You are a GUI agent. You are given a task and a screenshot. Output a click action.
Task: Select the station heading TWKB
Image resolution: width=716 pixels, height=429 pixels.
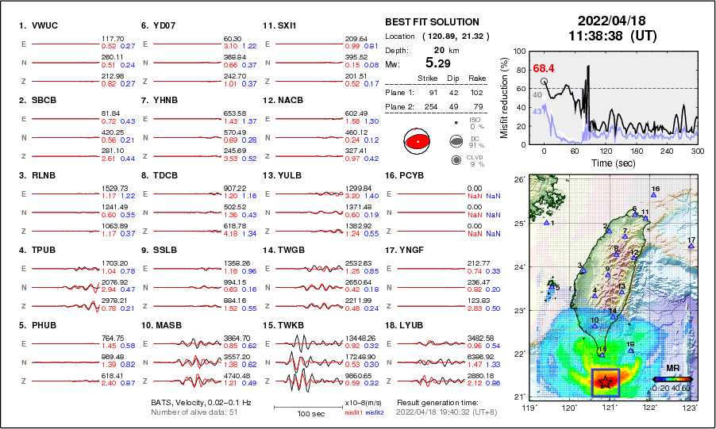point(284,324)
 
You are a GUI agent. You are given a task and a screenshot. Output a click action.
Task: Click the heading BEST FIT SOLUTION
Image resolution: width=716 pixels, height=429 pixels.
point(432,22)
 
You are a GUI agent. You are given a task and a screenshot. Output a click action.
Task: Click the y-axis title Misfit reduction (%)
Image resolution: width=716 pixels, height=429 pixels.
point(504,97)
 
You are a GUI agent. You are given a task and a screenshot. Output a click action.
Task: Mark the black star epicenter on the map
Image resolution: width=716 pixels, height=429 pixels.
point(606,381)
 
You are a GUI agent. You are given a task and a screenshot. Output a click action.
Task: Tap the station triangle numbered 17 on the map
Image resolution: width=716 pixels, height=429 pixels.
point(691,247)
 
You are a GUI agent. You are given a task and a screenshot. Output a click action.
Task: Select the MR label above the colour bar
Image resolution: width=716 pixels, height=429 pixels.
point(671,369)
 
